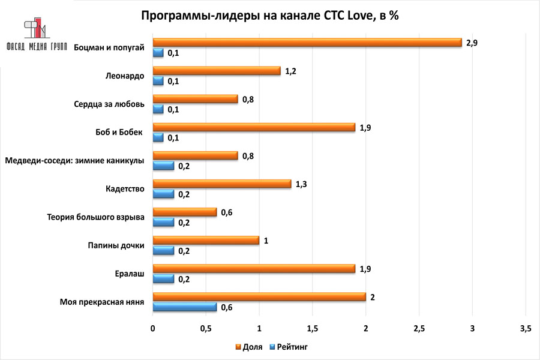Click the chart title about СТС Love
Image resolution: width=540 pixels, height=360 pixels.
[270, 16]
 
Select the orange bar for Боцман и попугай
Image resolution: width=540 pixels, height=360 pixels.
[307, 43]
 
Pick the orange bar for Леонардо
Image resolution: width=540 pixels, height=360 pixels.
[217, 71]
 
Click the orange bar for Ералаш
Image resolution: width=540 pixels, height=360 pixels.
[254, 268]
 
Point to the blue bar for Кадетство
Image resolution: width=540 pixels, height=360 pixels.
[163, 194]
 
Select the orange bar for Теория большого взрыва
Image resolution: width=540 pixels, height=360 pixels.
[185, 212]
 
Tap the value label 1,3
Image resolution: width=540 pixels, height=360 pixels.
[302, 184]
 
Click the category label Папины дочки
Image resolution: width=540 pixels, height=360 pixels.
[112, 245]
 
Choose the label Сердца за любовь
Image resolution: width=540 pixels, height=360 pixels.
[106, 104]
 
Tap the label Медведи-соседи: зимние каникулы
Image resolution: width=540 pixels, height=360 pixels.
[74, 161]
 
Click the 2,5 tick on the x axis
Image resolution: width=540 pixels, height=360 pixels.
[419, 329]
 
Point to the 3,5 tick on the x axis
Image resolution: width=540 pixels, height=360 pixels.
[525, 329]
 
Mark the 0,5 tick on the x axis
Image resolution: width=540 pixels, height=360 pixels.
[206, 329]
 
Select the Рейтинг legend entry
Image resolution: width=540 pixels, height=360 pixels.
[288, 347]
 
